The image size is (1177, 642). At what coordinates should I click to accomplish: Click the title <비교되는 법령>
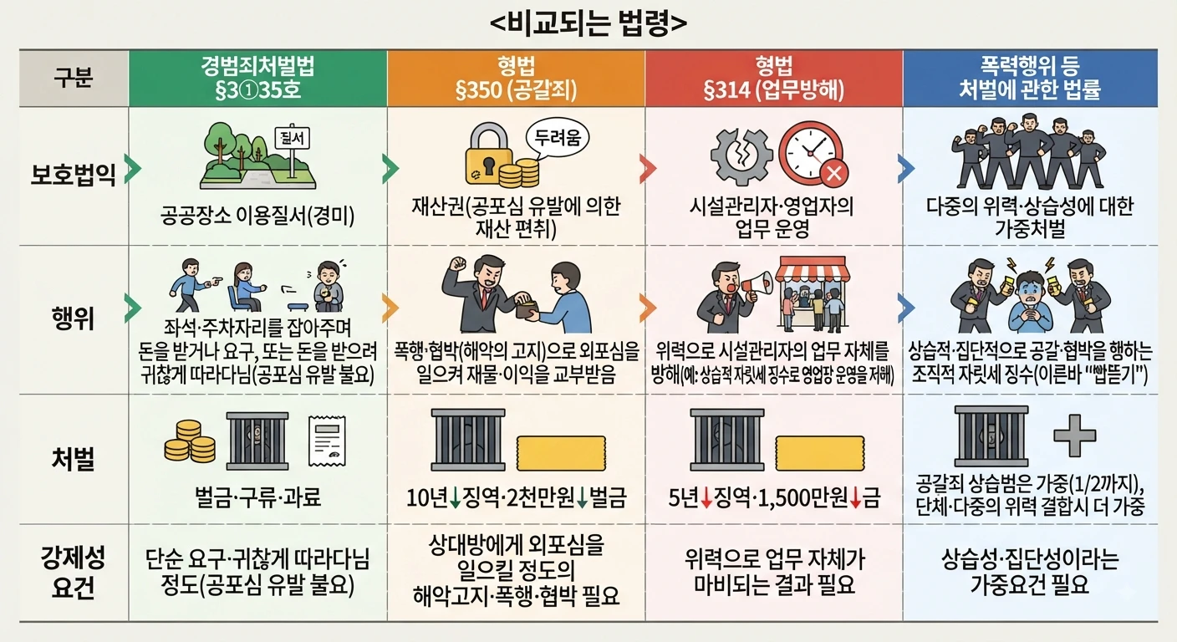pos(588,23)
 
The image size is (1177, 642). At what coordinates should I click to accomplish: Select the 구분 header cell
pos(74,79)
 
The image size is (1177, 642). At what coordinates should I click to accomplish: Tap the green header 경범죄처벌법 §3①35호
pos(257,79)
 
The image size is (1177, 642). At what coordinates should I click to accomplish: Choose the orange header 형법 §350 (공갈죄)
pos(516,79)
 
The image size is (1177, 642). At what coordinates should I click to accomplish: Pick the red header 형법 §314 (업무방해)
pos(774,79)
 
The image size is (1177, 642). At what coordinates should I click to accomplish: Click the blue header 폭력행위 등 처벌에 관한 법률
pos(1030,79)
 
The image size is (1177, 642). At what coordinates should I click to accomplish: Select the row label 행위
pos(73,318)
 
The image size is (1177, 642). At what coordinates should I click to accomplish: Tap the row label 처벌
pos(73,459)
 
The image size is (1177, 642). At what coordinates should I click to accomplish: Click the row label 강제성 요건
pos(73,573)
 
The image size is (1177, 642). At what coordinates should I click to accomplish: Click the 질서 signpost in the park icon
pos(292,147)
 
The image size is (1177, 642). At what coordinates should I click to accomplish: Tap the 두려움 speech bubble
pos(557,138)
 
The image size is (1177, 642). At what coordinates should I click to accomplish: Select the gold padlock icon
pos(489,154)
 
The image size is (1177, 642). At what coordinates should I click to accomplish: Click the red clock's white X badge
pos(834,173)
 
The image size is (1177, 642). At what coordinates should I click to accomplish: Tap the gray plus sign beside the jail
pos(1075,436)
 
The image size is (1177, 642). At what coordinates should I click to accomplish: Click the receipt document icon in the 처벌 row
pos(327,441)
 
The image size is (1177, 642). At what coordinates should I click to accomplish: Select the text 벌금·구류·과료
pos(257,497)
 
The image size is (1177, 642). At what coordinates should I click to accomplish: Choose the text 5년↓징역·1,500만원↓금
pos(774,497)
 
